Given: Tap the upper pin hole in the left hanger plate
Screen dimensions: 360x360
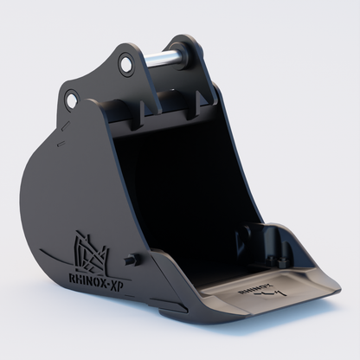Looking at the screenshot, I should tap(126, 64).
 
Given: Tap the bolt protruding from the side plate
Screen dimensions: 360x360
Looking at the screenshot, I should tap(131, 260).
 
